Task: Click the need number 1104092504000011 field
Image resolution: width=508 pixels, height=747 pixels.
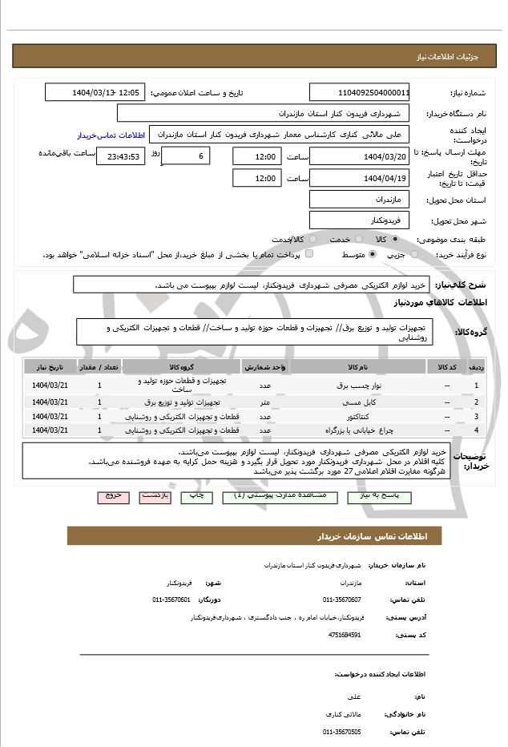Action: tap(359, 92)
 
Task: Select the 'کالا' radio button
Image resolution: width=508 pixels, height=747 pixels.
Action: tap(395, 239)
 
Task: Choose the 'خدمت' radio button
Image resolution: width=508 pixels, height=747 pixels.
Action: tap(357, 239)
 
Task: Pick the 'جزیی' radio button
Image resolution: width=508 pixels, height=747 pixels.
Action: tap(414, 254)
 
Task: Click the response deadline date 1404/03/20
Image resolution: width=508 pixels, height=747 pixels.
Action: tap(359, 156)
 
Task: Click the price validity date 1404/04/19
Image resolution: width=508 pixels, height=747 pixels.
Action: tap(359, 178)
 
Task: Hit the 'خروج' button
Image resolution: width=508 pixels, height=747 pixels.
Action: tap(113, 496)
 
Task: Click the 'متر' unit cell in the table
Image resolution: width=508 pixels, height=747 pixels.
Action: tap(264, 402)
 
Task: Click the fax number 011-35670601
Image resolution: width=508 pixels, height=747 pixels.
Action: tap(171, 600)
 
